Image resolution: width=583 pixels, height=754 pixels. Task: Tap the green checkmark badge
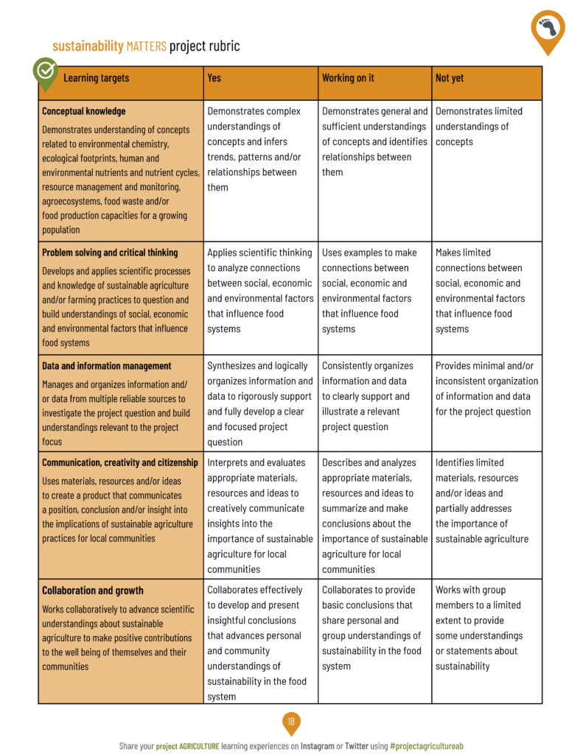pyautogui.click(x=46, y=71)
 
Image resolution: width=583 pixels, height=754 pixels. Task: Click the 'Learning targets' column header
pyautogui.click(x=96, y=78)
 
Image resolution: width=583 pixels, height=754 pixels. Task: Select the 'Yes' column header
pyautogui.click(x=214, y=78)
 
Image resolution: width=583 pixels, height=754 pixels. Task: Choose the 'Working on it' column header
pyautogui.click(x=348, y=78)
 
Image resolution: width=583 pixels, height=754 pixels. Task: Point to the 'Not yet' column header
pyautogui.click(x=450, y=78)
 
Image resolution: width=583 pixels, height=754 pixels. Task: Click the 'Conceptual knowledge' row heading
pyautogui.click(x=84, y=111)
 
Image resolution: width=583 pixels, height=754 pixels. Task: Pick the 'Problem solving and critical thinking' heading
pyautogui.click(x=110, y=253)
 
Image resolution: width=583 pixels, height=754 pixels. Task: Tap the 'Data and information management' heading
pyautogui.click(x=106, y=366)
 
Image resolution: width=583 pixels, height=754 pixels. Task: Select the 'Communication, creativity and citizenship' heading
pyautogui.click(x=120, y=462)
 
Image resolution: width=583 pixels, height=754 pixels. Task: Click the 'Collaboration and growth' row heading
pyautogui.click(x=93, y=591)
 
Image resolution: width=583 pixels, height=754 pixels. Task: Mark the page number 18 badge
pyautogui.click(x=291, y=722)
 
